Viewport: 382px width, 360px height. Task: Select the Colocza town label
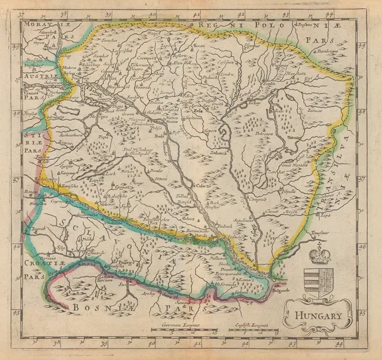(x=203, y=186)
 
